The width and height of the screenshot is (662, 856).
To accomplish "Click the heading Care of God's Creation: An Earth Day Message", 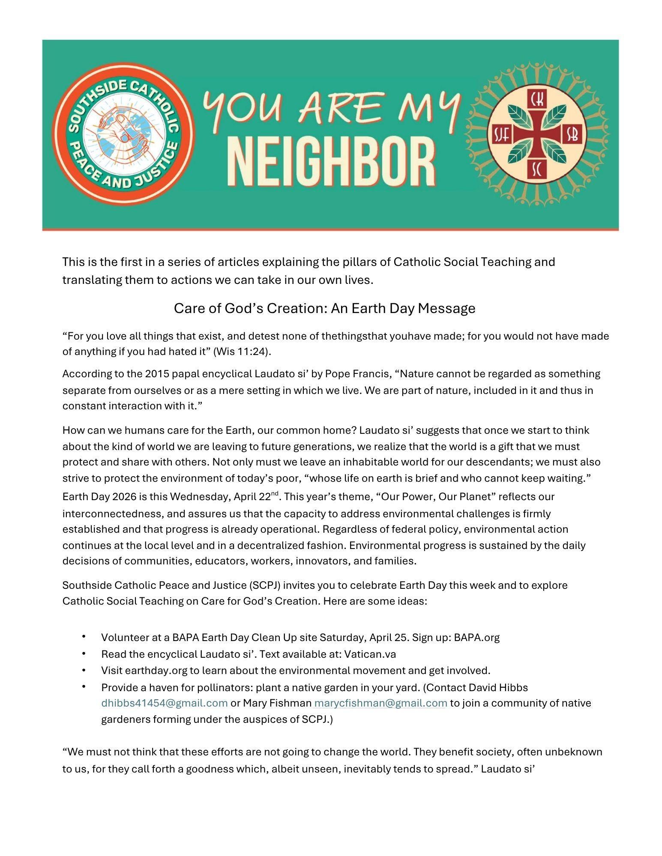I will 324,308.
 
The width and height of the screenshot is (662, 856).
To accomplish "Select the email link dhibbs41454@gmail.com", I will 164,703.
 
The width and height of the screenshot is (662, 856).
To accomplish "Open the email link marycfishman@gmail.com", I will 380,703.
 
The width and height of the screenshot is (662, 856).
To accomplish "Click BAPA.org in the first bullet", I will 476,638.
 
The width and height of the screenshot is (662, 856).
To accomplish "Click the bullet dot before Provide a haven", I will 84,686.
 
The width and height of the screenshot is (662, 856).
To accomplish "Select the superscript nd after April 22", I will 275,493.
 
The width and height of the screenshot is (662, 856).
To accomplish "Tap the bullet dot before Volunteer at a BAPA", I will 84,637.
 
